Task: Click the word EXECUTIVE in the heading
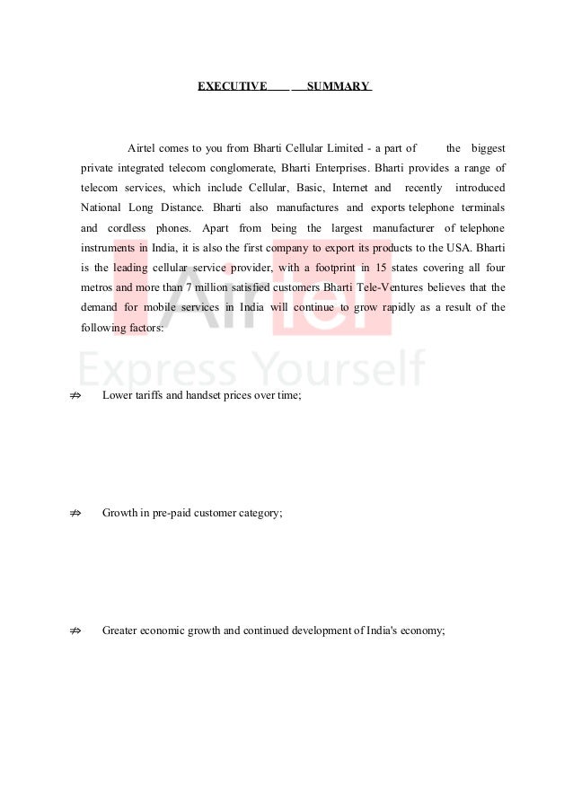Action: [232, 86]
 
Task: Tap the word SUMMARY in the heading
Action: [338, 86]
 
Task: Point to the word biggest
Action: [488, 147]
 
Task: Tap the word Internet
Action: [350, 189]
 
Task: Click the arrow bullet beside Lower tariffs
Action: [75, 394]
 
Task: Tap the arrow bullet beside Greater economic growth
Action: [75, 631]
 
